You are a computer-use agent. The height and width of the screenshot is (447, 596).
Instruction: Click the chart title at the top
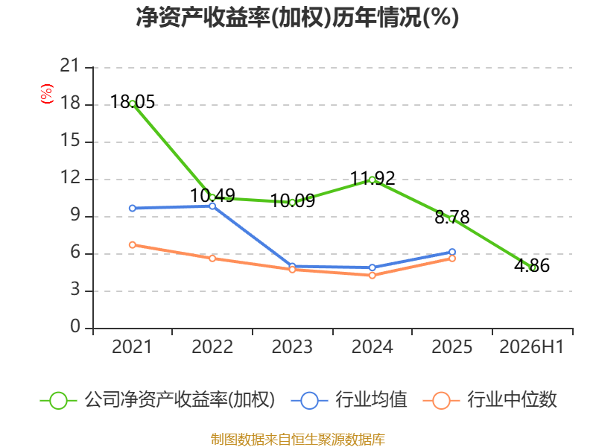297,17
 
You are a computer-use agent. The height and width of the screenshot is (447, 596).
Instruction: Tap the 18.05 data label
133,102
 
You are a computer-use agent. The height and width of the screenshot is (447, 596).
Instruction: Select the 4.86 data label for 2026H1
532,265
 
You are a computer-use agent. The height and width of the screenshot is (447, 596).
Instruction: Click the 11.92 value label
372,178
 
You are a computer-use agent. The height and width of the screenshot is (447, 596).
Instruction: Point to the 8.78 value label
452,217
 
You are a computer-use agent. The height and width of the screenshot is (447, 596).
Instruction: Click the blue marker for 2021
133,209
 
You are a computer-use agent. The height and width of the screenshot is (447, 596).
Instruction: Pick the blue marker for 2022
212,206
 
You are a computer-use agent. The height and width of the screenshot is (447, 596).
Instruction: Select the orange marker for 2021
133,245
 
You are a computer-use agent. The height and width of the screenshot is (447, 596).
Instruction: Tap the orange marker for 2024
372,275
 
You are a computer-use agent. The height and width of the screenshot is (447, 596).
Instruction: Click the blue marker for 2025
452,252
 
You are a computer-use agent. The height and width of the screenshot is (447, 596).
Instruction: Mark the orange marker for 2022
212,259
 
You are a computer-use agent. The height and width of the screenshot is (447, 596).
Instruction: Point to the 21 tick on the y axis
70,66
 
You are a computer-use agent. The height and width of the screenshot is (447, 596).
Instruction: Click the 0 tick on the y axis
75,326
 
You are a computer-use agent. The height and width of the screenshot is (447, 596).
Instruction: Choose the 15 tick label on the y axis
70,141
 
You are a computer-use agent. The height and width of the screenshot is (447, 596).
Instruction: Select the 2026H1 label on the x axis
532,347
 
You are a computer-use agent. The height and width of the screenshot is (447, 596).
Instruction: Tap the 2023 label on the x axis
292,347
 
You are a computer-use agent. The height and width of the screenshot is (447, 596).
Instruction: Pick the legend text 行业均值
371,399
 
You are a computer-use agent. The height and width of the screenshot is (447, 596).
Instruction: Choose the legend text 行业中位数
512,399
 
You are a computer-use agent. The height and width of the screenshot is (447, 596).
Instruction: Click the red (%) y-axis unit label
47,94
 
